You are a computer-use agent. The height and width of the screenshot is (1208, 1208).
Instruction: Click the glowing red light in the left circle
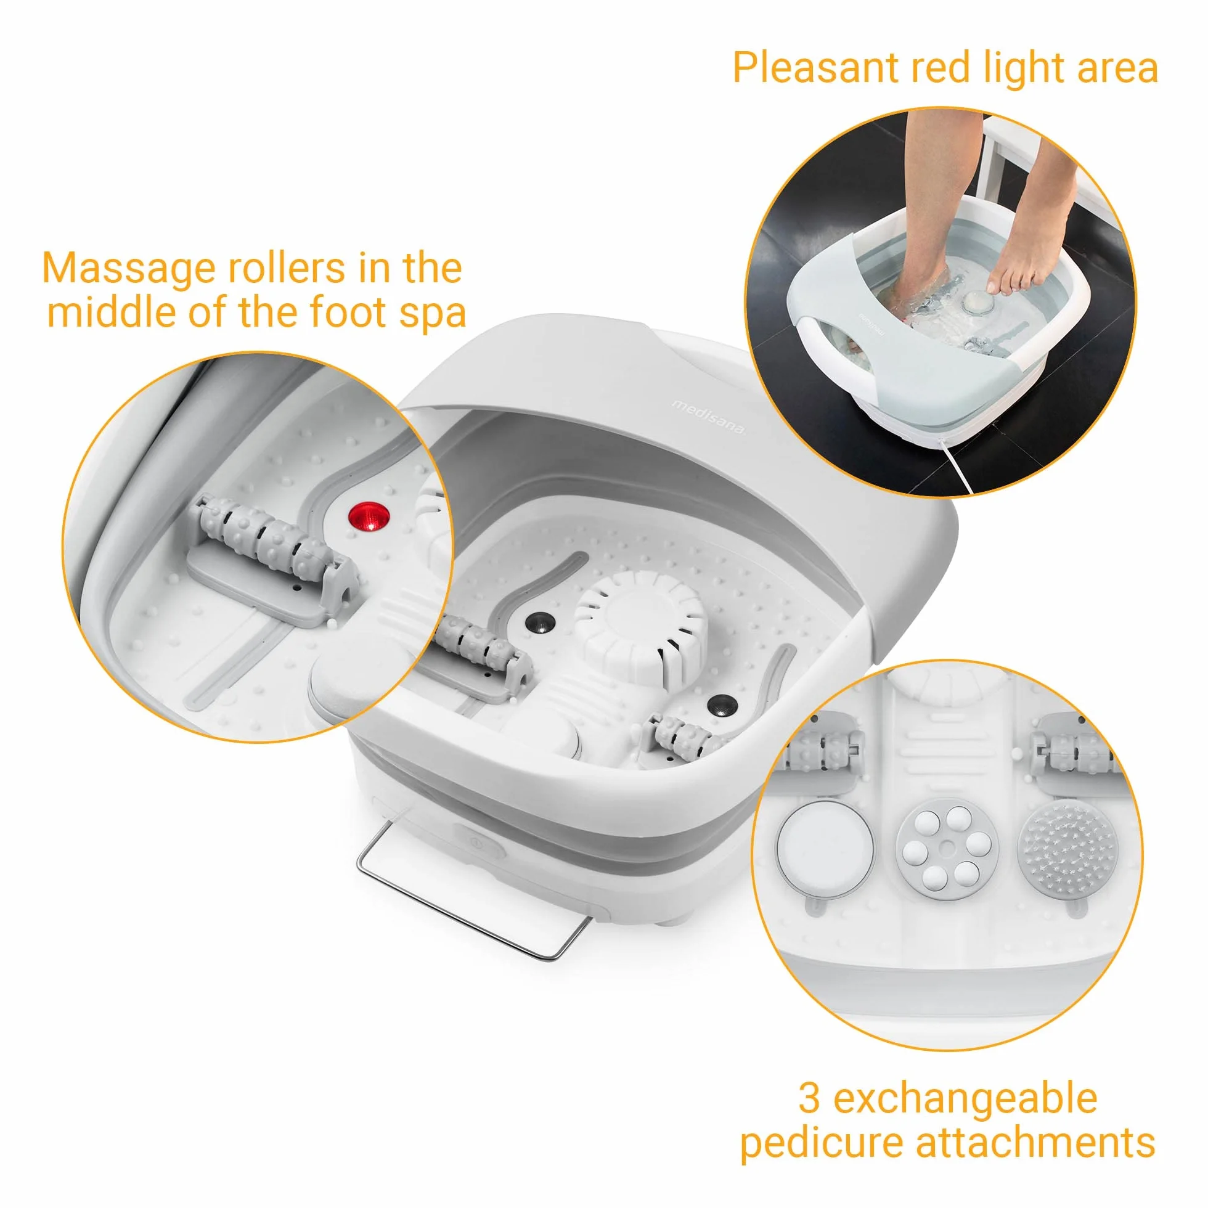pos(369,518)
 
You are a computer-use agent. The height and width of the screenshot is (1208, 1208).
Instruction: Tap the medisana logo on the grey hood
pos(709,417)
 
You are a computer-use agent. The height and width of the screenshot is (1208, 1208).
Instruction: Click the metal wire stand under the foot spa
pos(474,892)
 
